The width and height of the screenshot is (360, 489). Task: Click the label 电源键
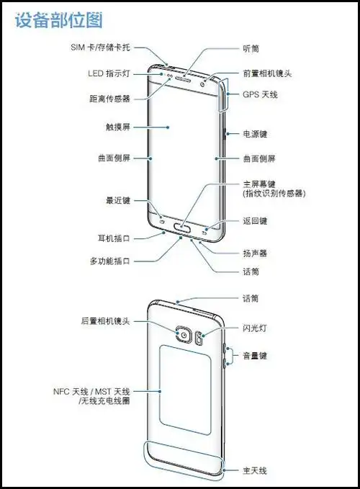pyautogui.click(x=255, y=133)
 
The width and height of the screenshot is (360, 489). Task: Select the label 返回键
pyautogui.click(x=255, y=220)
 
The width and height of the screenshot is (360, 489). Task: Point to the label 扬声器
pyautogui.click(x=255, y=254)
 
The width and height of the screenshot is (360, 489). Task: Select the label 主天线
pyautogui.click(x=255, y=470)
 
